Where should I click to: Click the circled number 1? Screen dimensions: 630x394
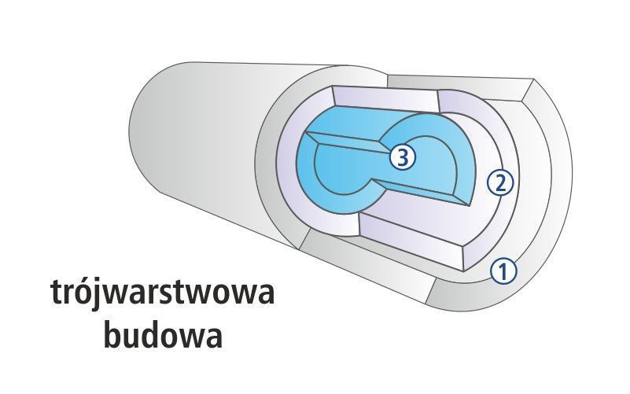pyautogui.click(x=503, y=271)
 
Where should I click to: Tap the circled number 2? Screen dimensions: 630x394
pyautogui.click(x=500, y=183)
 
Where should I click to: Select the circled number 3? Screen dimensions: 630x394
pyautogui.click(x=402, y=157)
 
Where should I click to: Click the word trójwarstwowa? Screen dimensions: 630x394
pyautogui.click(x=163, y=293)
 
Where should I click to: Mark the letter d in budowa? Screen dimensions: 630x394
pyautogui.click(x=153, y=335)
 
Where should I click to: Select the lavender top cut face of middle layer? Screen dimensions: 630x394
pyautogui.click(x=385, y=99)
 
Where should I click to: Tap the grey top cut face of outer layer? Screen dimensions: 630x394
pyautogui.click(x=458, y=85)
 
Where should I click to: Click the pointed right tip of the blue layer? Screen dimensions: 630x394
pyautogui.click(x=470, y=206)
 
